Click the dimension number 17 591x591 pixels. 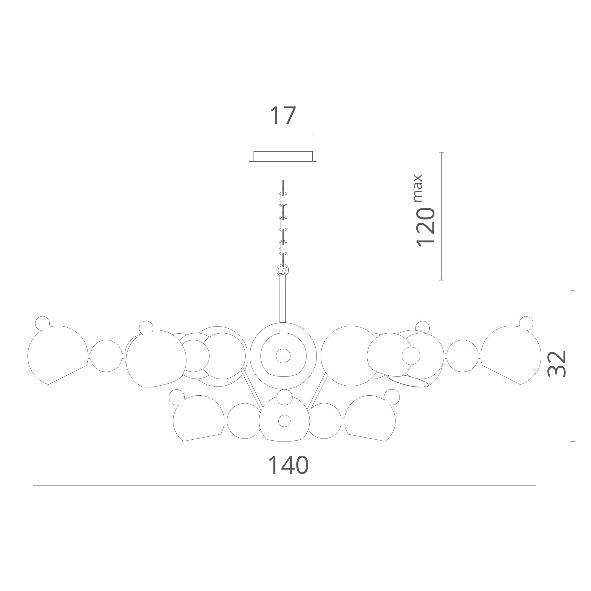[x=283, y=115]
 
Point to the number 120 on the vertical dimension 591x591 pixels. [x=426, y=227]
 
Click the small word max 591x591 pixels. [x=418, y=188]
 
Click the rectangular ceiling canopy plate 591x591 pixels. [x=283, y=156]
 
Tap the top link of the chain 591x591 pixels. [x=283, y=199]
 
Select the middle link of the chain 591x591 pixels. [x=283, y=224]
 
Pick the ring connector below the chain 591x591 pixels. [x=283, y=270]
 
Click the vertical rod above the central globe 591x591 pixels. [x=283, y=298]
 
